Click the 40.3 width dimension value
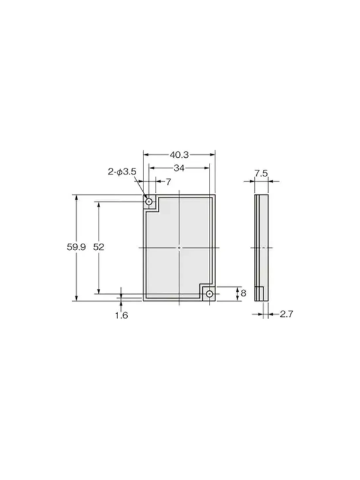click(179, 155)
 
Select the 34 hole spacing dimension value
click(179, 168)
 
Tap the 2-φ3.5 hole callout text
click(122, 172)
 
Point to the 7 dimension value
click(169, 182)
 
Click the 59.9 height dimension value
click(76, 247)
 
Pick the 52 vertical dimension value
click(98, 247)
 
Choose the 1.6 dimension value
click(122, 315)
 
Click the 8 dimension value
click(244, 293)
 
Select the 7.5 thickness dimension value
click(261, 173)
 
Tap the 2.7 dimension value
click(287, 314)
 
